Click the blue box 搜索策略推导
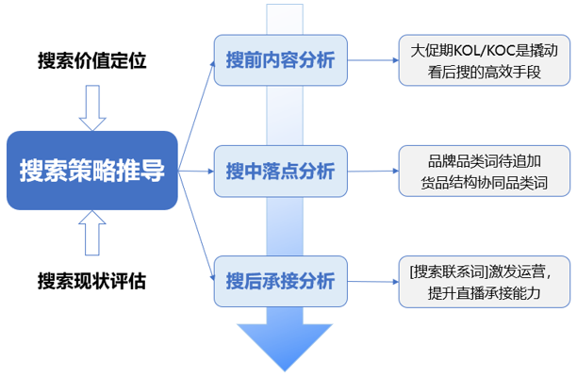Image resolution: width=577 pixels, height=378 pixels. coord(91,171)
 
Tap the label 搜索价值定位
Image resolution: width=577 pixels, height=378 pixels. coord(91,61)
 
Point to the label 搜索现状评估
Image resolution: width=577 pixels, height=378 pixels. coord(91,281)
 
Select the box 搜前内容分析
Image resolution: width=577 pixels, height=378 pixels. coord(280,60)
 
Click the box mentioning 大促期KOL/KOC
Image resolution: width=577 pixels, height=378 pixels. coord(483,60)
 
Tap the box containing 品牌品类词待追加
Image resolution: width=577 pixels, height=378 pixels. coord(483,171)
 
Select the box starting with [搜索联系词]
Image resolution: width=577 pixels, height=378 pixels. coord(483,281)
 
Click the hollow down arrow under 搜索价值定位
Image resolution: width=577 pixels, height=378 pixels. coord(92,107)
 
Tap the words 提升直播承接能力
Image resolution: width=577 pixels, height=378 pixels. coord(484,293)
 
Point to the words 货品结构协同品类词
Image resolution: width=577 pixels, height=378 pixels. coord(484,183)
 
